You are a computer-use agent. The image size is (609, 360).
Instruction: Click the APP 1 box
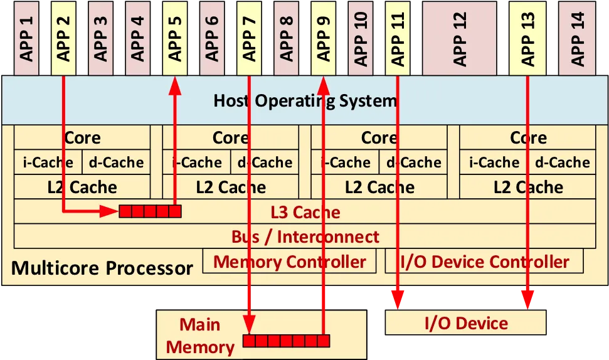[26, 38]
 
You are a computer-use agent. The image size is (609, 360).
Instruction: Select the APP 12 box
[459, 38]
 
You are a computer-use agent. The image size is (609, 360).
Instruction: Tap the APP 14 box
[577, 38]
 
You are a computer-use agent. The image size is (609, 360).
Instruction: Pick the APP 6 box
[212, 38]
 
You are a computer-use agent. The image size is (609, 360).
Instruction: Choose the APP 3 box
[100, 38]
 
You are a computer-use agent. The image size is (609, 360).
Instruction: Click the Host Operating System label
[305, 100]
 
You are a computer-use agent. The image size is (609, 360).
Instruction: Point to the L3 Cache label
[305, 212]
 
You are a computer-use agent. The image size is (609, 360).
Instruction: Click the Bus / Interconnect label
[305, 237]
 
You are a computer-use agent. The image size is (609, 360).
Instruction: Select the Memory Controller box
[289, 261]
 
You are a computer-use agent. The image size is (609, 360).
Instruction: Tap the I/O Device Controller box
[484, 261]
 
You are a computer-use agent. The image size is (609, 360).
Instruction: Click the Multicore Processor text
[102, 268]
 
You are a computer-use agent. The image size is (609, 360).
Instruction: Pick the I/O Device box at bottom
[465, 322]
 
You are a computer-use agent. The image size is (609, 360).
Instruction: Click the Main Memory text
[200, 336]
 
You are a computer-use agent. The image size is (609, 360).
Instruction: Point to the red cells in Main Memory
[286, 341]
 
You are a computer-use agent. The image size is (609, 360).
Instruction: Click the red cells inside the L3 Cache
[150, 211]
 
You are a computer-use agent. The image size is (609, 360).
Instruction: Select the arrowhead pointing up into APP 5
[175, 85]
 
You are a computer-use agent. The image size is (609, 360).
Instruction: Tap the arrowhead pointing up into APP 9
[323, 85]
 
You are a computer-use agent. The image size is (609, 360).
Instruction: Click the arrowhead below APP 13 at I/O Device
[527, 300]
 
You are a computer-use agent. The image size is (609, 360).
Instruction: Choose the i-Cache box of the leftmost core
[48, 162]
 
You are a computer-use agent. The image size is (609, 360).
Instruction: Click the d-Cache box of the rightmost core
[561, 162]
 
